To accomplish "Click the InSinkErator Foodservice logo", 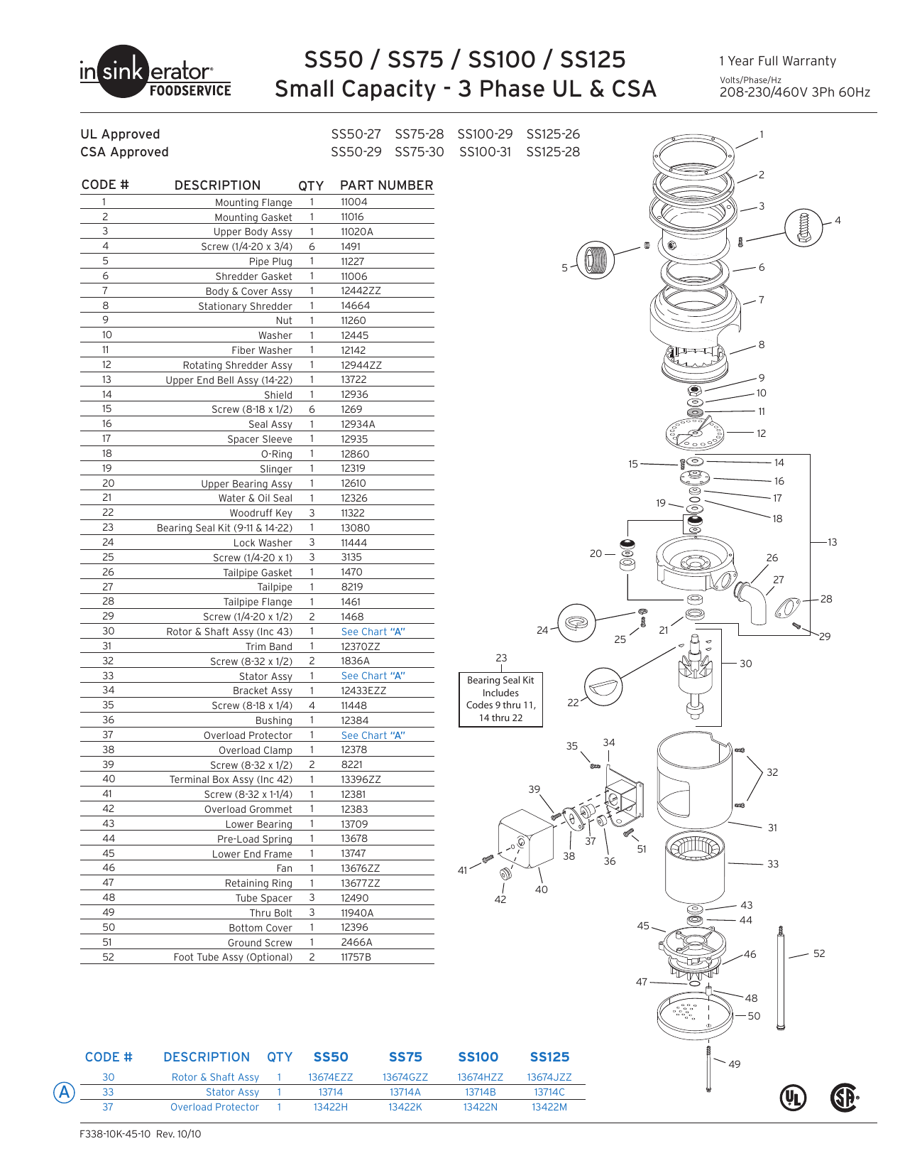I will click(155, 72).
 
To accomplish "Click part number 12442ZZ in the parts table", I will click(361, 291).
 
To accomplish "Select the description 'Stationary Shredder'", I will click(245, 306).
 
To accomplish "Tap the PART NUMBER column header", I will click(386, 185).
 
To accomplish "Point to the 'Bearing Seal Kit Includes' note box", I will click(500, 699).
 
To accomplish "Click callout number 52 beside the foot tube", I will click(819, 953).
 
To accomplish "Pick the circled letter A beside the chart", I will click(65, 1092).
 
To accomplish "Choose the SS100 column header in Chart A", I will click(478, 1057).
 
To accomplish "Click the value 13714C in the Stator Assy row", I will click(549, 1092).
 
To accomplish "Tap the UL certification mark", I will click(793, 1098).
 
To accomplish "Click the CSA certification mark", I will click(844, 1098).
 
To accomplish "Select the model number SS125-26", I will click(553, 134).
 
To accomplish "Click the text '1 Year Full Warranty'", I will click(777, 61).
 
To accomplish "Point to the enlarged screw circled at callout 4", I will click(803, 227).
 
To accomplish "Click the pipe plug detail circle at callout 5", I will click(595, 259).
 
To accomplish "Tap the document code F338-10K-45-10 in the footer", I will click(115, 1134).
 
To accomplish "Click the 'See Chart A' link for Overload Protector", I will click(373, 735).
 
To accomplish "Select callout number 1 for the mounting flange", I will click(762, 134).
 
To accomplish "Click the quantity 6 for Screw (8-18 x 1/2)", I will click(312, 409).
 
